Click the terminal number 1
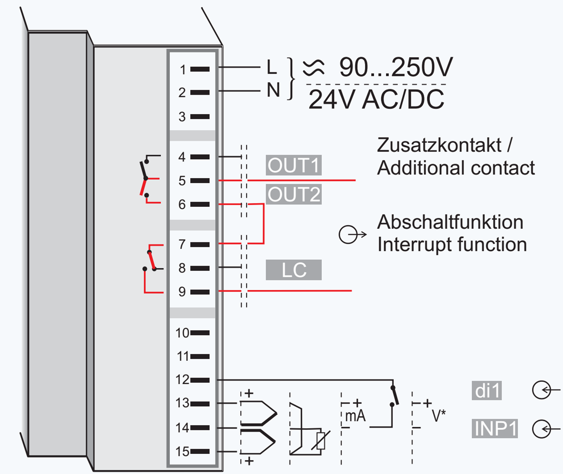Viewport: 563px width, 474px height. click(183, 69)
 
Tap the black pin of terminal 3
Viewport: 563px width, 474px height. click(200, 116)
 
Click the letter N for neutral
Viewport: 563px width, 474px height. click(272, 91)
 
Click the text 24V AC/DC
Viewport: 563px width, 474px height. click(376, 100)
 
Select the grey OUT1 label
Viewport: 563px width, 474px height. click(294, 165)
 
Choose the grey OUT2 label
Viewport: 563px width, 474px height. click(294, 195)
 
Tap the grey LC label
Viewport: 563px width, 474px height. click(294, 270)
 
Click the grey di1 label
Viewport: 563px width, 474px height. click(486, 391)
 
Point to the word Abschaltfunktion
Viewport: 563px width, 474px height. click(450, 223)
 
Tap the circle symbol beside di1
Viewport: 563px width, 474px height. click(541, 390)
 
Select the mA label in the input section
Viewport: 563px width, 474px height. click(355, 416)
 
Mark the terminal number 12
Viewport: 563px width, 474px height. click(183, 380)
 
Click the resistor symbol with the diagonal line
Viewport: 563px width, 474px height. click(320, 441)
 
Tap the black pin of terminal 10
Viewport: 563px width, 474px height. click(200, 332)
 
